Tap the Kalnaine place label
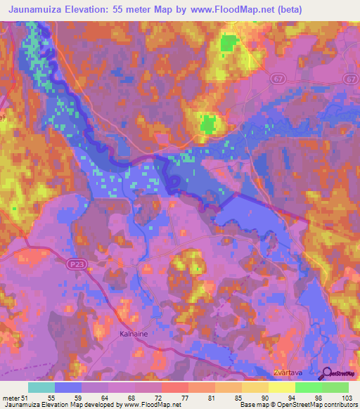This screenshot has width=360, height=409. tap(133, 335)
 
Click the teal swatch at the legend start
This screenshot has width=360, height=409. tap(41, 387)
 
